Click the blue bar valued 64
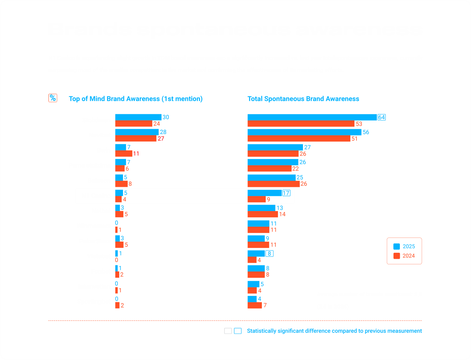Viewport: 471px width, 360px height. click(312, 117)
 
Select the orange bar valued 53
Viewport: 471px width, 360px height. click(301, 124)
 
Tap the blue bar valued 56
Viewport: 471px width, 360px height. click(304, 132)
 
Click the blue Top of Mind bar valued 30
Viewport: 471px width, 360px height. click(138, 117)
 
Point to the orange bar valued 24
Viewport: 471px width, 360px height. click(134, 124)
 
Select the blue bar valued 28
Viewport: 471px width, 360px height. click(137, 132)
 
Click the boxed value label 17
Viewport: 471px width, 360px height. click(286, 193)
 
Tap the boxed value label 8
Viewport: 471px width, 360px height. click(269, 254)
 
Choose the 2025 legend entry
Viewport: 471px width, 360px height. click(404, 246)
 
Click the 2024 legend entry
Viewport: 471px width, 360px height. click(404, 256)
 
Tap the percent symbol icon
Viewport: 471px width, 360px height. click(53, 98)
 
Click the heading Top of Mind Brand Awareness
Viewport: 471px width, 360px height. click(136, 99)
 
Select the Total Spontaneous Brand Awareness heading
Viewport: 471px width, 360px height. click(303, 99)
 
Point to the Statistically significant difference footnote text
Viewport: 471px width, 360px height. click(334, 331)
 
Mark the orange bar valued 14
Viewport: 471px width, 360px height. click(263, 214)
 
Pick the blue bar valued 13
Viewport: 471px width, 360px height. click(261, 208)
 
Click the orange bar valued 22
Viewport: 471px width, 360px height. click(269, 169)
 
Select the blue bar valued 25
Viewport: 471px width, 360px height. click(272, 178)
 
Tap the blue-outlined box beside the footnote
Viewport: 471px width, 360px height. click(238, 331)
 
